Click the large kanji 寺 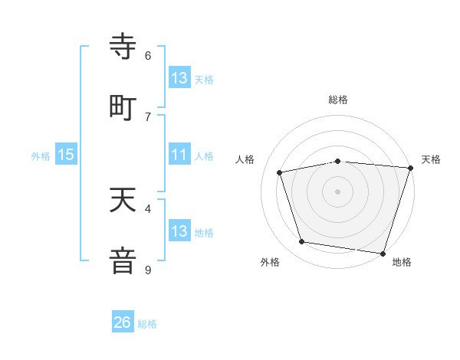pos(123,47)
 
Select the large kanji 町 pos(123,107)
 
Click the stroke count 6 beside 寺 pos(148,56)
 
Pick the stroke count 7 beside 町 pos(148,116)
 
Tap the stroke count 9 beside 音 pos(148,270)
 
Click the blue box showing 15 pos(66,155)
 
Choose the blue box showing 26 pos(123,322)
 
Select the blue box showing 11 pos(179,155)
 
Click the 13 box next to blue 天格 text pos(179,78)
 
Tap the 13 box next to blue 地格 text pos(179,231)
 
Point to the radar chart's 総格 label pos(338,100)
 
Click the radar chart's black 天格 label pos(431,159)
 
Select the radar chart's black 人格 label pos(245,159)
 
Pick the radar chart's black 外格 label pos(270,263)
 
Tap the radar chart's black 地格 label pos(402,263)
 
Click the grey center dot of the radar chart pos(338,191)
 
